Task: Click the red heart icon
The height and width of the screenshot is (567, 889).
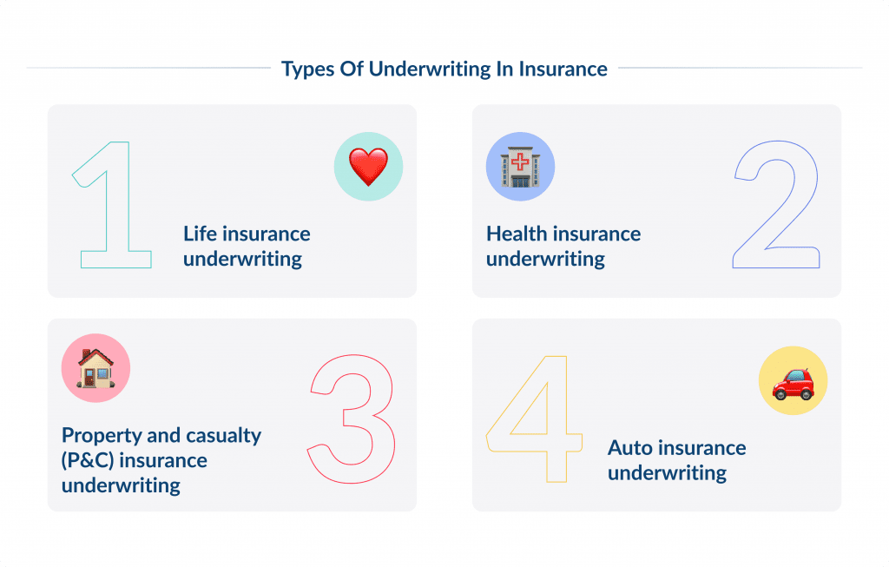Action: (x=368, y=167)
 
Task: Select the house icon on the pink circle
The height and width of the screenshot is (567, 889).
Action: (x=95, y=368)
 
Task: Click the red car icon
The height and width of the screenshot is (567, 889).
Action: (x=793, y=384)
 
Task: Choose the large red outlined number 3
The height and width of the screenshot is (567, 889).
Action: (x=351, y=419)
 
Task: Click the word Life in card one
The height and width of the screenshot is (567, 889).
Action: (x=201, y=234)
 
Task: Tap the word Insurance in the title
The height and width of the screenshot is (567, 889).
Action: (x=563, y=69)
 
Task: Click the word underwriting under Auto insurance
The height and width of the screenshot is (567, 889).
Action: (x=667, y=473)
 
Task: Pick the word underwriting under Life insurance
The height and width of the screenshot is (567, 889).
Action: (x=242, y=259)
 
